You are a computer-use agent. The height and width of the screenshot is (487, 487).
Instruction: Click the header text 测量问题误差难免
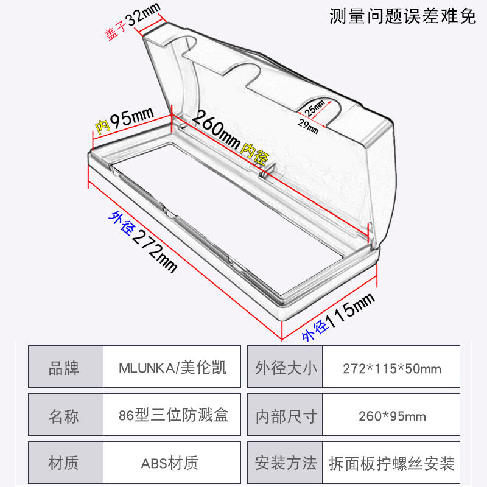tap(402, 16)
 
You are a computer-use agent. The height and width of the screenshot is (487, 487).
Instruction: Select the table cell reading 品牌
tap(64, 368)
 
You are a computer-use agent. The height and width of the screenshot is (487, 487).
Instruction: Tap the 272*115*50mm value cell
tap(391, 368)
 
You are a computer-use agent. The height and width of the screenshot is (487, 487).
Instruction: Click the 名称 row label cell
tap(64, 416)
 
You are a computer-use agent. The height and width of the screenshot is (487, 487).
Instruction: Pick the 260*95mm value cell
tap(391, 416)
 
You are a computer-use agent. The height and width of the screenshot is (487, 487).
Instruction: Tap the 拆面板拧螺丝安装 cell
tap(391, 464)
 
